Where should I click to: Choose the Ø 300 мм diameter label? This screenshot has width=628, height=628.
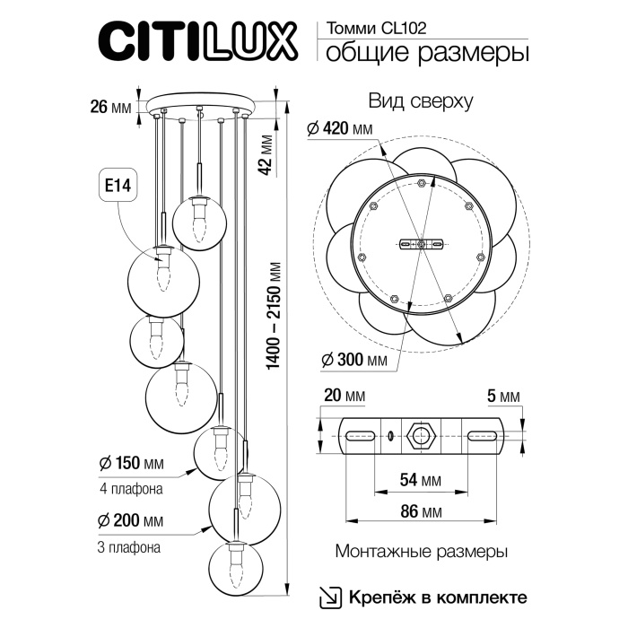pos(353,361)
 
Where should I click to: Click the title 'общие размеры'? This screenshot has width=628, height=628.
pos(426,53)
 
